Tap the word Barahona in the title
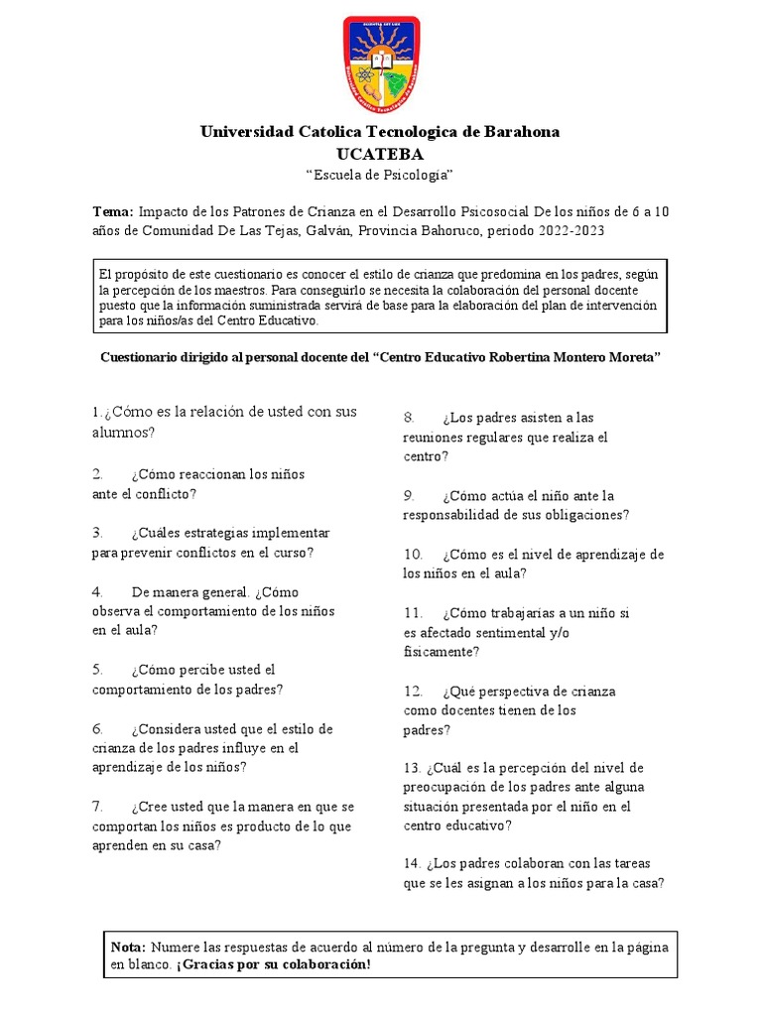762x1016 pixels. click(x=522, y=131)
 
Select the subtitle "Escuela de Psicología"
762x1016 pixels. click(x=380, y=175)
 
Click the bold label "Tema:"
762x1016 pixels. click(x=112, y=211)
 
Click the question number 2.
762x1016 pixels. click(x=98, y=474)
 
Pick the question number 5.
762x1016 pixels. click(x=98, y=670)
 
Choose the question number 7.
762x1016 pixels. click(x=98, y=806)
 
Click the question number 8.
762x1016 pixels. click(x=409, y=418)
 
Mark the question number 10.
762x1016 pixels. click(x=414, y=554)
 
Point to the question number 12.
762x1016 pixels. click(x=414, y=691)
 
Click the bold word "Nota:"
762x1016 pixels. click(x=128, y=947)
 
